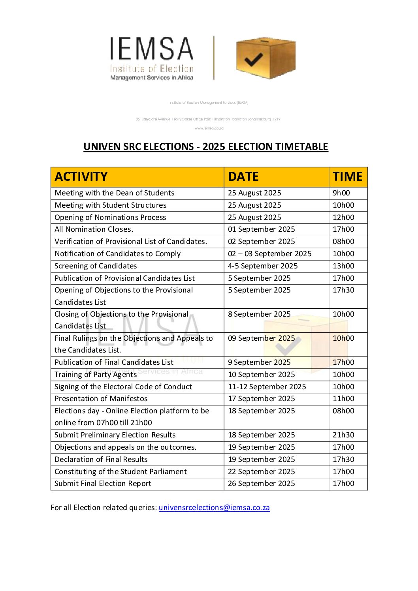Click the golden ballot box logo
[x=265, y=58]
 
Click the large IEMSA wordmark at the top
[x=152, y=49]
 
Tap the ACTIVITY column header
[x=81, y=176]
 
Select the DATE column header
[x=243, y=176]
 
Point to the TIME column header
[x=347, y=176]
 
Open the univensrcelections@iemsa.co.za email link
[x=214, y=507]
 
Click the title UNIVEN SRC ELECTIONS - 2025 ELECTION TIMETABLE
[x=205, y=146]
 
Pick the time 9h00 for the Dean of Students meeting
[x=341, y=193]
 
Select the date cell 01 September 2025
[x=261, y=229]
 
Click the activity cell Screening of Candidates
[x=96, y=266]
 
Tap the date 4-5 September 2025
[x=263, y=266]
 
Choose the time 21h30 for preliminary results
[x=343, y=435]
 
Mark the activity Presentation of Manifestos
[x=101, y=399]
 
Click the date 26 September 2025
[x=261, y=484]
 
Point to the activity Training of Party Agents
[x=96, y=375]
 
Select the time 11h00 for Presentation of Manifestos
[x=343, y=399]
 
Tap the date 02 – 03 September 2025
[x=269, y=254]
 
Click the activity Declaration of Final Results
[x=101, y=460]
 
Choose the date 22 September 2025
[x=261, y=472]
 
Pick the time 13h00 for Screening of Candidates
[x=343, y=266]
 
